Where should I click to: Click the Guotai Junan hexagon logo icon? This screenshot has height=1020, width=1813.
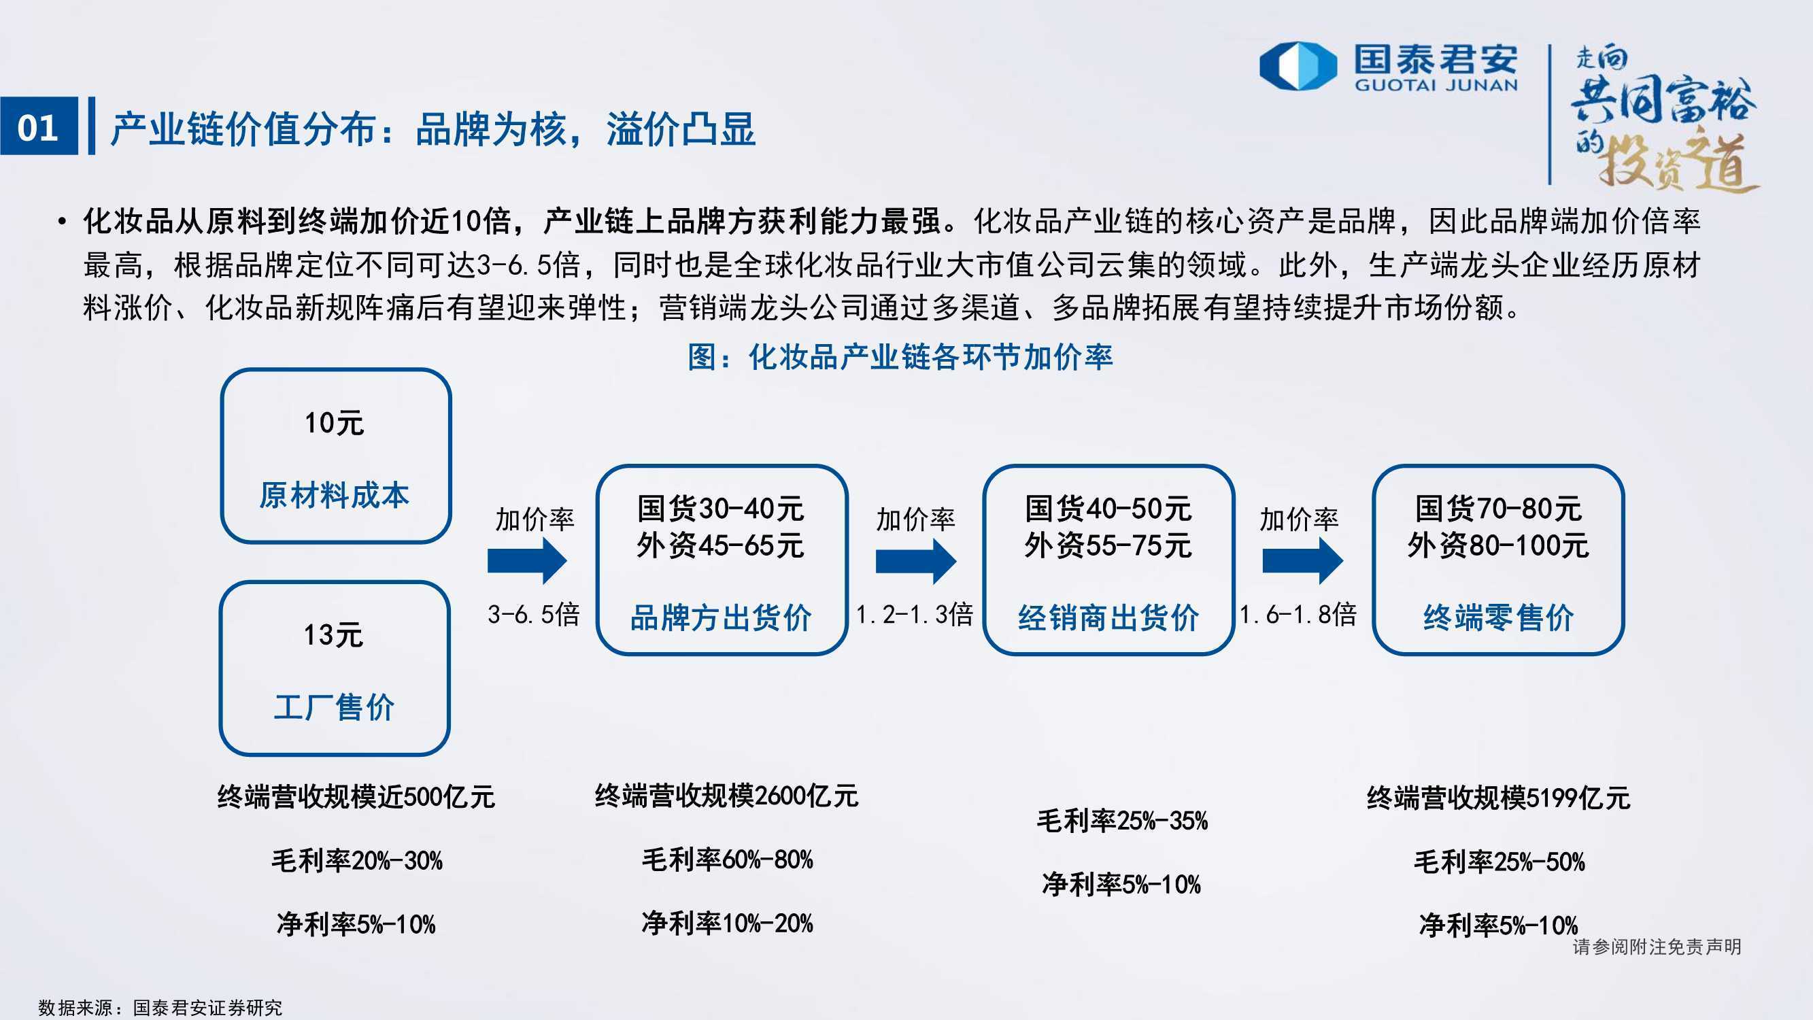pyautogui.click(x=1298, y=66)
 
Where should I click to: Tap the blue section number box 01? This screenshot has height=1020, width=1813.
pyautogui.click(x=39, y=126)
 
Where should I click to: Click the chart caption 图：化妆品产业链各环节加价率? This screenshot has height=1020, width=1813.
pyautogui.click(x=900, y=357)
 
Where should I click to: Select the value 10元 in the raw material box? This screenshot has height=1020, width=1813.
pyautogui.click(x=334, y=423)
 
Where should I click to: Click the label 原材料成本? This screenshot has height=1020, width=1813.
pyautogui.click(x=334, y=495)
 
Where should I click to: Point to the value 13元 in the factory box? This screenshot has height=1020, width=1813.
pyautogui.click(x=333, y=635)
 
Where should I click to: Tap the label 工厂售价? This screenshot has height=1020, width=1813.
pyautogui.click(x=334, y=707)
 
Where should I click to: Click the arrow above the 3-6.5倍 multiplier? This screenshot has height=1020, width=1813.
pyautogui.click(x=527, y=561)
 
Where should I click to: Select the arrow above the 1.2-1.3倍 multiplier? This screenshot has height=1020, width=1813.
pyautogui.click(x=915, y=561)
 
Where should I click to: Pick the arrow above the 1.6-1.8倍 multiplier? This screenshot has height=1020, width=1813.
pyautogui.click(x=1303, y=561)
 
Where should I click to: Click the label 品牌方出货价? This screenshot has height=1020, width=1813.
pyautogui.click(x=721, y=617)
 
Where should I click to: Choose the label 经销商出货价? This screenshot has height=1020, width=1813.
pyautogui.click(x=1108, y=617)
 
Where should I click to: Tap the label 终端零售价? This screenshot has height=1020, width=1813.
pyautogui.click(x=1498, y=617)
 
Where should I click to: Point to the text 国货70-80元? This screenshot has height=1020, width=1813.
pyautogui.click(x=1498, y=508)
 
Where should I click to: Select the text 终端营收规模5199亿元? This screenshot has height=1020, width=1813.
pyautogui.click(x=1498, y=798)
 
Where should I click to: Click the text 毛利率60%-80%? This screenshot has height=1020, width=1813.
pyautogui.click(x=727, y=860)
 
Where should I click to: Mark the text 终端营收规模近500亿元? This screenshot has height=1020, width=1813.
pyautogui.click(x=356, y=797)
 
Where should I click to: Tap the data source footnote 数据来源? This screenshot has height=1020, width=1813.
pyautogui.click(x=160, y=1007)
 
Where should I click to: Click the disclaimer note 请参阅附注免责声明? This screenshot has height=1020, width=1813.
pyautogui.click(x=1657, y=947)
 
